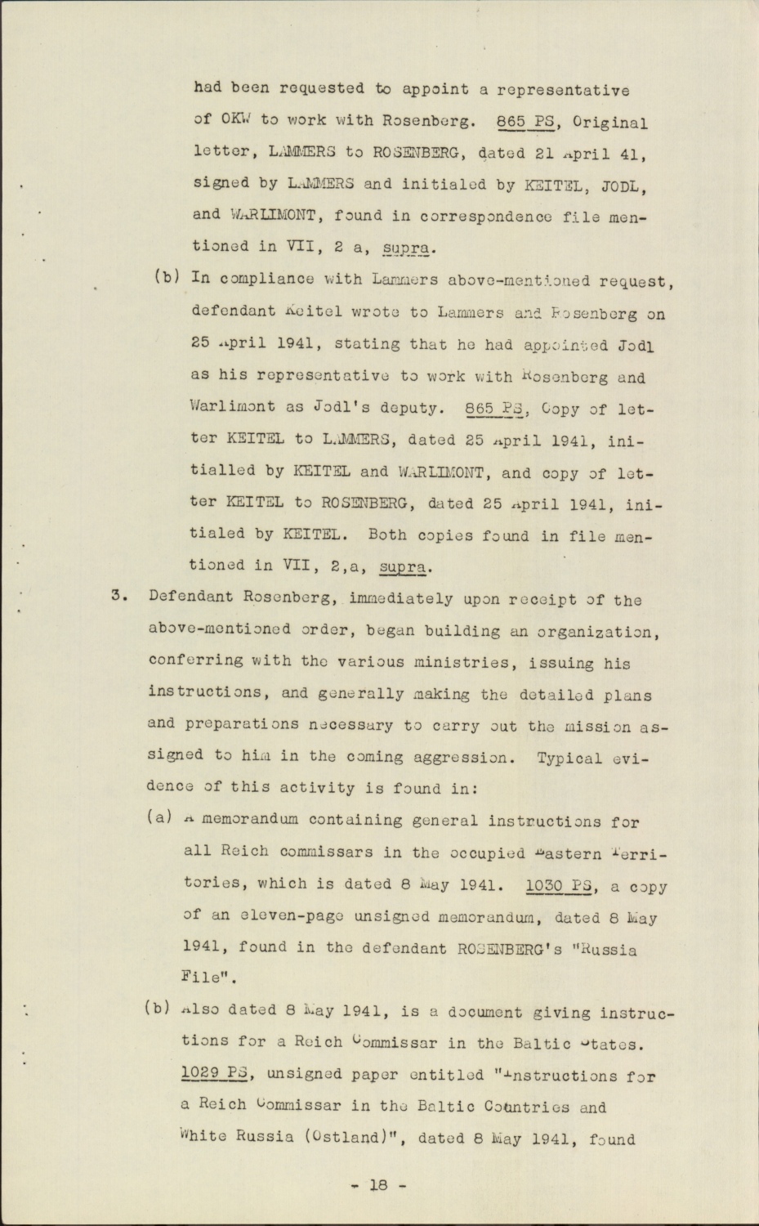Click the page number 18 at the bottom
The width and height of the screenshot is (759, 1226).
377,1183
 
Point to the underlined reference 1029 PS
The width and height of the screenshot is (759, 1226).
214,1075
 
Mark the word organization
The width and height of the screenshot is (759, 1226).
597,631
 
